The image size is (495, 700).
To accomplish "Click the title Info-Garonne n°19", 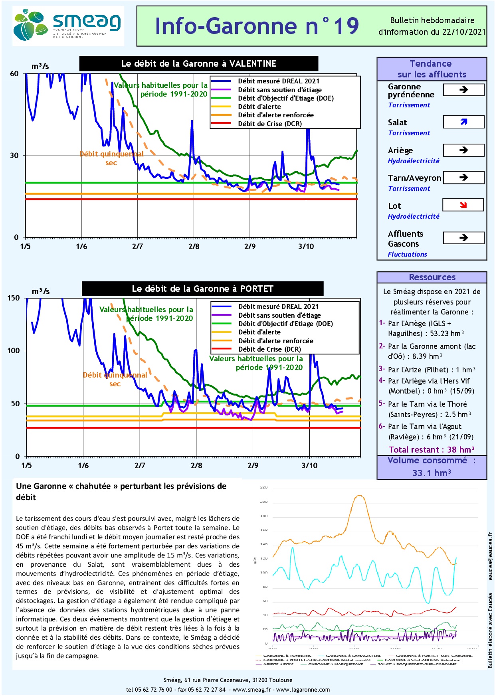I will click(257, 26).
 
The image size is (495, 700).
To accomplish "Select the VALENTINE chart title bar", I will click(199, 63).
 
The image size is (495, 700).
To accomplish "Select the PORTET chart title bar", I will click(202, 289).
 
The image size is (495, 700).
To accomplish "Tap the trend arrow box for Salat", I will click(463, 122).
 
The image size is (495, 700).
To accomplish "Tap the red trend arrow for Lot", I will click(463, 205).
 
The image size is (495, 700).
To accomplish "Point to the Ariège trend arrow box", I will click(463, 150).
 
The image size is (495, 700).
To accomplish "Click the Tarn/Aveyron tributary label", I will click(414, 178).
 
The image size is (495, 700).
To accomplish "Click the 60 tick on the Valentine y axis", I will click(14, 74).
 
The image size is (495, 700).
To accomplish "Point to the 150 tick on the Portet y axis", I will click(13, 298).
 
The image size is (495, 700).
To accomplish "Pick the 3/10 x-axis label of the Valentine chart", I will click(306, 247).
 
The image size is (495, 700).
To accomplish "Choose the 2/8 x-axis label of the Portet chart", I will click(196, 465).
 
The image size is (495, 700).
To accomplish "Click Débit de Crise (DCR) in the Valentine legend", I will click(270, 124).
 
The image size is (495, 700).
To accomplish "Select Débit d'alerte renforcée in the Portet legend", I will click(276, 341).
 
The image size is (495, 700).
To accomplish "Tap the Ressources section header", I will click(432, 277).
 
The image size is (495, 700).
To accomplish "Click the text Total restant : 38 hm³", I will click(432, 450).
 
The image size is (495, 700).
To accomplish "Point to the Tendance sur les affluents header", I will click(432, 69).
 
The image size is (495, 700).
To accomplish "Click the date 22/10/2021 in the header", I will click(464, 32).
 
